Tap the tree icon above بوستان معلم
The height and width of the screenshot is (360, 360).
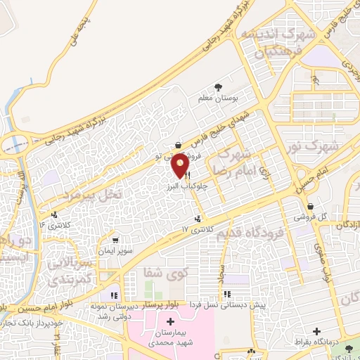pos(220,85)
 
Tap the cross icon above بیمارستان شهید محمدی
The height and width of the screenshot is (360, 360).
pos(171,322)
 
